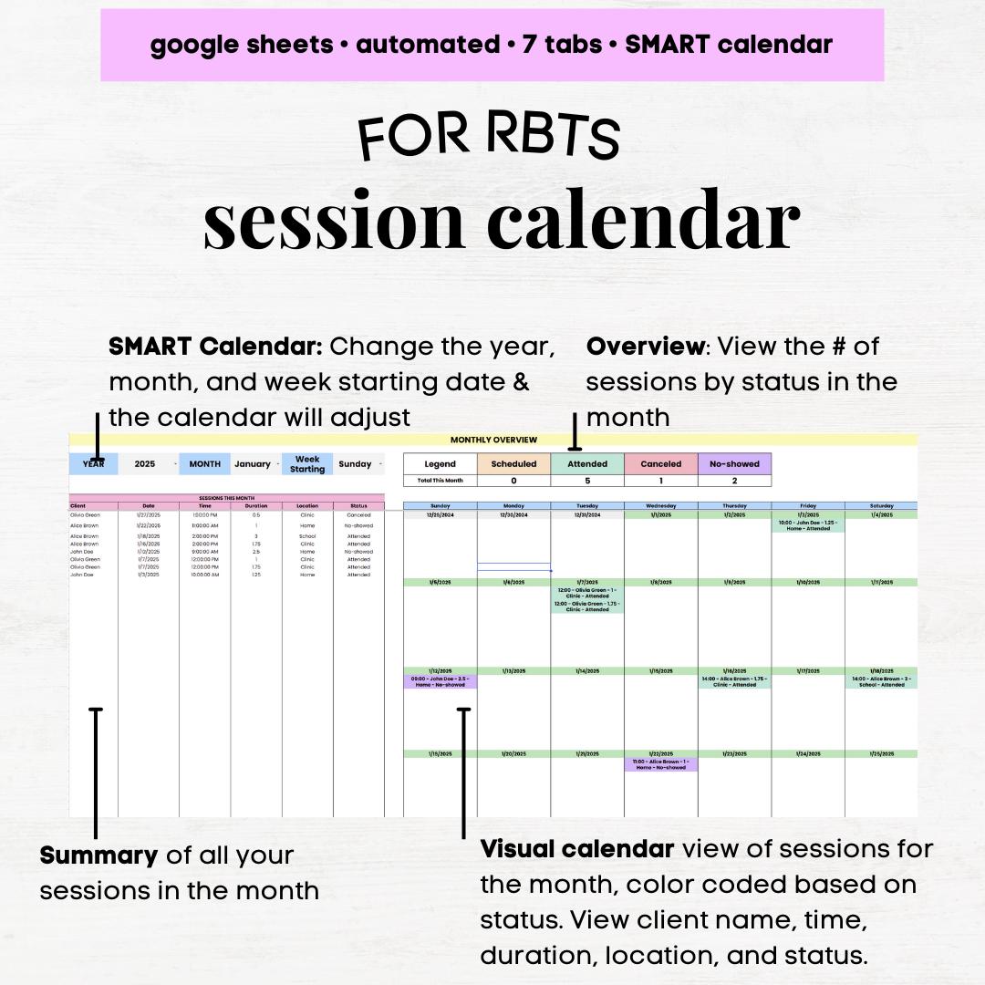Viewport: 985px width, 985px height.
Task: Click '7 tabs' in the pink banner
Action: click(561, 44)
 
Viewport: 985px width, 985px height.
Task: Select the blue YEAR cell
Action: click(94, 463)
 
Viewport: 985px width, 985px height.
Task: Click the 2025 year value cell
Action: click(145, 463)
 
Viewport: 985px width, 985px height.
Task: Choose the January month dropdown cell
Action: click(253, 463)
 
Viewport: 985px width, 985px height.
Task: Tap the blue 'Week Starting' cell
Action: click(307, 463)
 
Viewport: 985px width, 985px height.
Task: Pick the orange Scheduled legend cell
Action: click(513, 463)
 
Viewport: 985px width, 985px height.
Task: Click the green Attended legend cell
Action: click(587, 463)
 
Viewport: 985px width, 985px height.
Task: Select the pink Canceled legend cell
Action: click(661, 463)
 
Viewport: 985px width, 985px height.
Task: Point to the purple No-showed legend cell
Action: click(734, 463)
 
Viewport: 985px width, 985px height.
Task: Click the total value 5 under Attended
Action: click(587, 481)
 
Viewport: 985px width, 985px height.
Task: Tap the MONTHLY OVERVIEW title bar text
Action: click(493, 440)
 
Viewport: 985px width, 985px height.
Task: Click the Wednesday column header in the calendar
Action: click(661, 505)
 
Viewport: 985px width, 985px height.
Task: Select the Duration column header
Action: click(256, 505)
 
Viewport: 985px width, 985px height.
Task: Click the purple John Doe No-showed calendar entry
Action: click(440, 681)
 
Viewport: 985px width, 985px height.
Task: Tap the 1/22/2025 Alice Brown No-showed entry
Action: click(661, 764)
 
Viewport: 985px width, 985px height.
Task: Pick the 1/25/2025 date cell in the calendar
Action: click(881, 754)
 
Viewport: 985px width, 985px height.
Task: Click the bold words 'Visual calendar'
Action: click(577, 849)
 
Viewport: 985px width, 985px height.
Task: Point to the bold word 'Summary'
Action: click(98, 855)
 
